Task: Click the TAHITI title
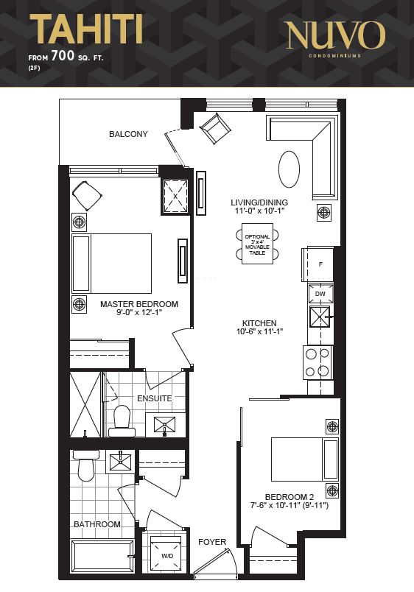point(85,29)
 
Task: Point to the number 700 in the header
point(63,55)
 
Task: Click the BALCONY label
point(128,134)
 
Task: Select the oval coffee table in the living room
point(289,169)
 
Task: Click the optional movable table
point(257,244)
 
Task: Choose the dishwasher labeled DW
point(320,294)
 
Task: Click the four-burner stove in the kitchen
point(317,362)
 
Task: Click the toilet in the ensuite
point(122,422)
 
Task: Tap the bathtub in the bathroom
point(102,556)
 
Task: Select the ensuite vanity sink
point(165,424)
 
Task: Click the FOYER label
point(212,542)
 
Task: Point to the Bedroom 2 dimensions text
point(290,505)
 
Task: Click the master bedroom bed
point(112,264)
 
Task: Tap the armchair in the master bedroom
point(87,196)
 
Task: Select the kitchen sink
point(320,317)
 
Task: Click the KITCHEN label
point(259,323)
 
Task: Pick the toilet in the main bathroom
point(86,465)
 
